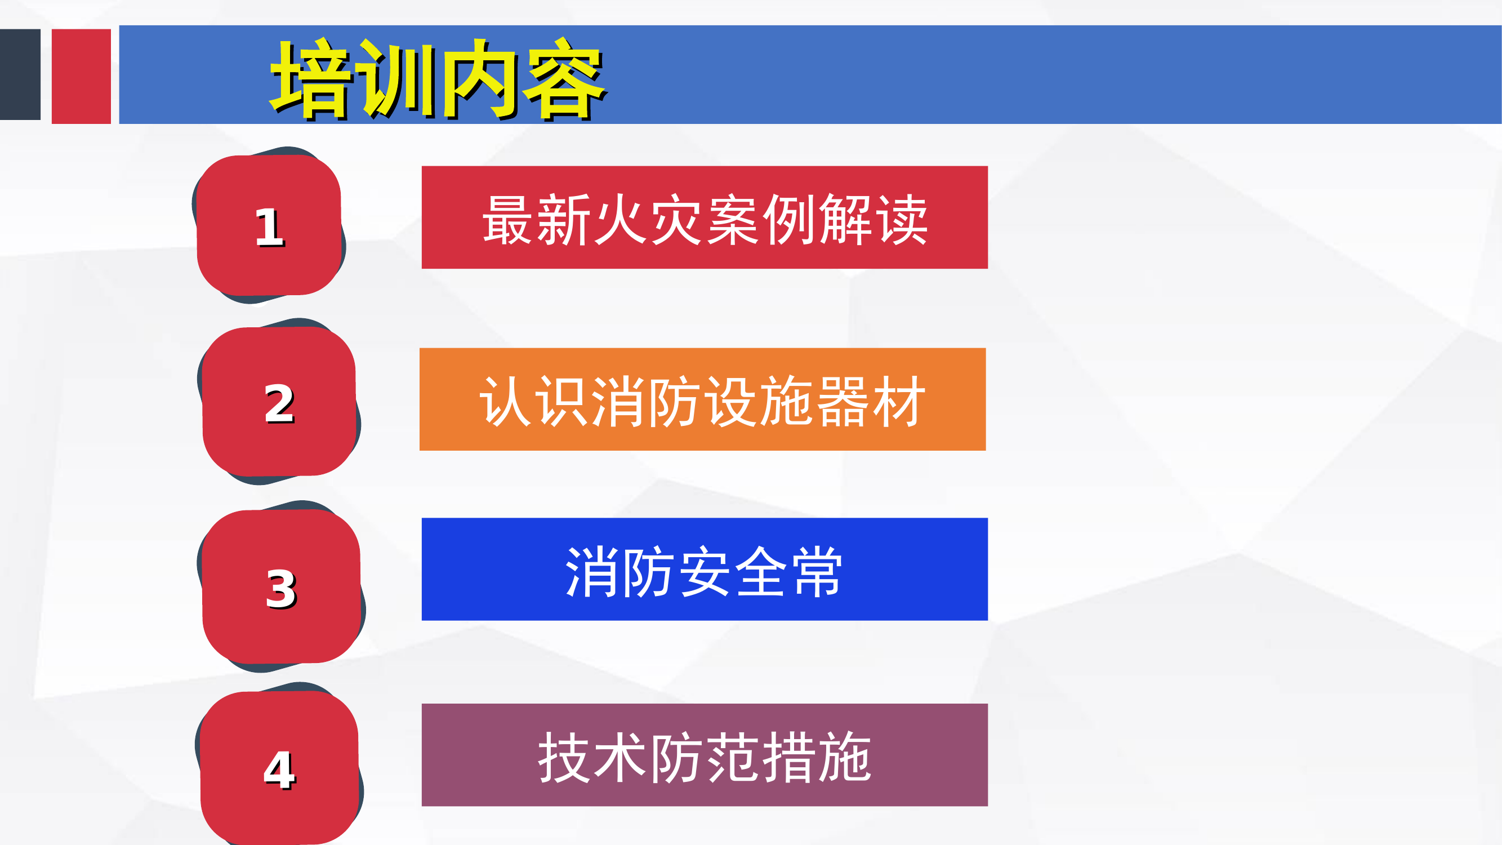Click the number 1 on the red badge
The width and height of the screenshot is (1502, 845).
269,228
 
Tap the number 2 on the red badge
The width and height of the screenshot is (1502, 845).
279,403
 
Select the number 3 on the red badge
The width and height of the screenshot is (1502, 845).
281,589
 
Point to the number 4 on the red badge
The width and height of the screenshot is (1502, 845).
279,770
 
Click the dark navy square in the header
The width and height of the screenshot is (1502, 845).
20,75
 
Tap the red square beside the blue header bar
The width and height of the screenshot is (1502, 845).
81,76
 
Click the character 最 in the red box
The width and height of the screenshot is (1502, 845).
506,220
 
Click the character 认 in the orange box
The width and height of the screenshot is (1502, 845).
505,402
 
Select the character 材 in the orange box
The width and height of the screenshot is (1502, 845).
900,402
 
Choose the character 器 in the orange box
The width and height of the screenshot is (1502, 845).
843,402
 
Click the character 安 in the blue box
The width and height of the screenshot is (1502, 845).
705,571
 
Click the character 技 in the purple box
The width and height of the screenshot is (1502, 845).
564,757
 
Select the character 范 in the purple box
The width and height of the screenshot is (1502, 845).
733,757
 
